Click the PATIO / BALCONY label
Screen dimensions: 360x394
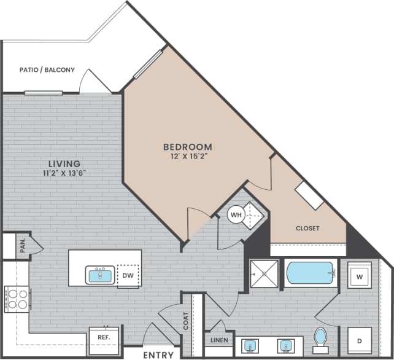(47, 70)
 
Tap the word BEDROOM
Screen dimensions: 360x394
(187, 147)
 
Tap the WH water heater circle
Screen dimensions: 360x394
(236, 215)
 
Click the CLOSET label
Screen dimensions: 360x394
(307, 228)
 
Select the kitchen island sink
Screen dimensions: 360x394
(101, 275)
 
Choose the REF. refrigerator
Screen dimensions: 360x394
(99, 337)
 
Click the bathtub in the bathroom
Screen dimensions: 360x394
(310, 273)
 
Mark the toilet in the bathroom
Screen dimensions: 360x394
(320, 338)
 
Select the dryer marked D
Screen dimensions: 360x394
(358, 340)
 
